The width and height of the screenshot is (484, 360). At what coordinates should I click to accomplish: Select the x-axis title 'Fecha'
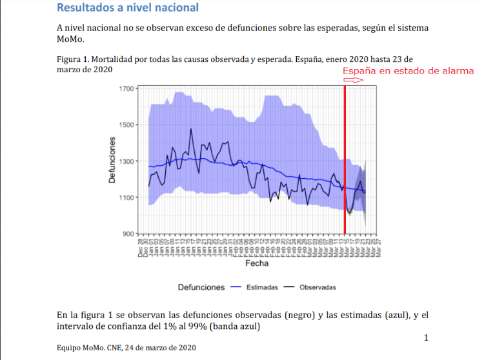pos(256,263)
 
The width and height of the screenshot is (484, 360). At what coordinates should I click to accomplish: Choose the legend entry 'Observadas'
pos(318,287)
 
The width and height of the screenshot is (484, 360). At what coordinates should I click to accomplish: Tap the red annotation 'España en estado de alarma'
pos(408,71)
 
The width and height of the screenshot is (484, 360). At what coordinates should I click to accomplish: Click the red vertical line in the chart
pos(345,161)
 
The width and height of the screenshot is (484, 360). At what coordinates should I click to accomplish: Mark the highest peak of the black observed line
pos(191,129)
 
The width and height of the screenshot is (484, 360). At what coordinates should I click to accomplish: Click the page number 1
pos(426,337)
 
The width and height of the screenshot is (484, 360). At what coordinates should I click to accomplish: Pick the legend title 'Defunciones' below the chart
pos(201,287)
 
